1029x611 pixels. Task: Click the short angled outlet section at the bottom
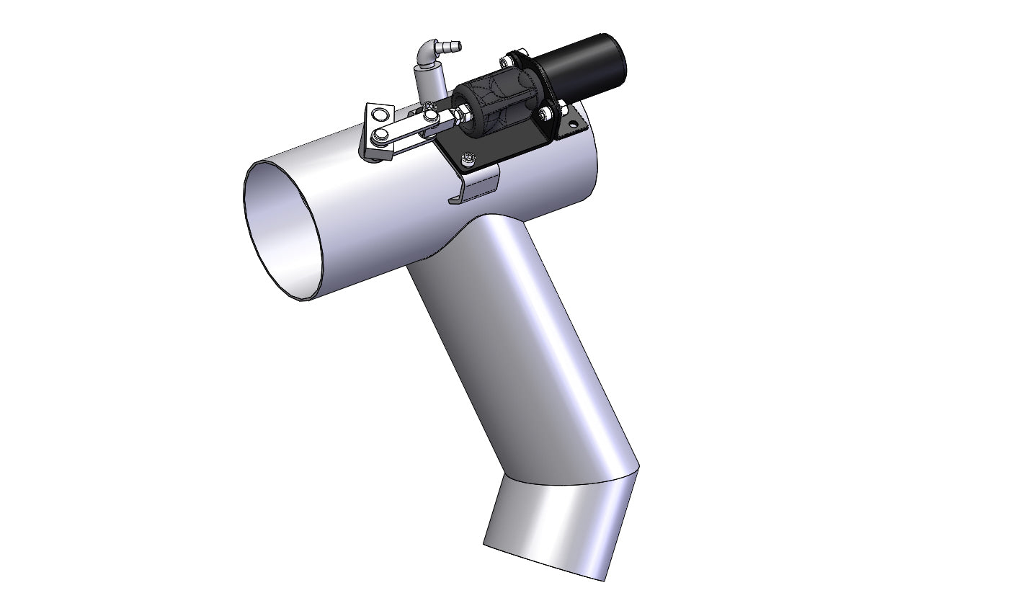tap(555, 526)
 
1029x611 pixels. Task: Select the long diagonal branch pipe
tap(519, 346)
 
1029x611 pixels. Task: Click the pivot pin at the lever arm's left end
tap(380, 135)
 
